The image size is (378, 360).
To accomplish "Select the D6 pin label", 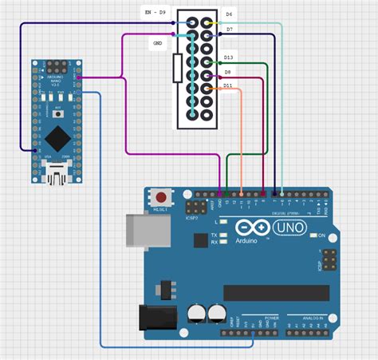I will point(229,14).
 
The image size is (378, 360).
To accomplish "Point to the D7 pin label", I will point(229,30).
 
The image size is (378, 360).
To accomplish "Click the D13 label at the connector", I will point(228,57).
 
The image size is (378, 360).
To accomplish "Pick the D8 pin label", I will point(227,72).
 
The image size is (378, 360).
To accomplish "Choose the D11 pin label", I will point(228,85).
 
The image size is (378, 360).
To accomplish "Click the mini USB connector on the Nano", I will point(56,170).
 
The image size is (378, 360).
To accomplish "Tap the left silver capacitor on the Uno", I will point(196,313).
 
